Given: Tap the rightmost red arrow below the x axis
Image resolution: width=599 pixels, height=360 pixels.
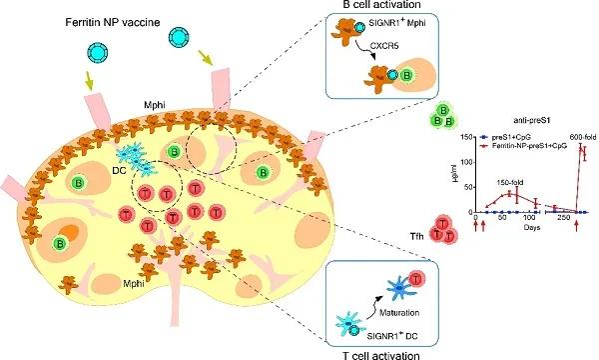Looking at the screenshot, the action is tap(578, 228).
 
